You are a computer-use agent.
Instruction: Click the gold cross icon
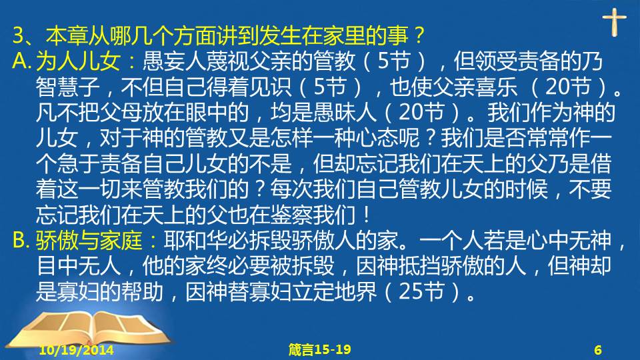click(614, 22)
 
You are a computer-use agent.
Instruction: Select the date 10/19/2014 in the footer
click(76, 350)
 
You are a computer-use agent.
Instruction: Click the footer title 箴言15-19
click(319, 350)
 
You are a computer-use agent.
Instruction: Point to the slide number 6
click(598, 350)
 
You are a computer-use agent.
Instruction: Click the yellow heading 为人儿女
click(78, 61)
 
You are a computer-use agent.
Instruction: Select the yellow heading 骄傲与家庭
click(89, 241)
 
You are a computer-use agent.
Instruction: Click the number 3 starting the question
click(19, 35)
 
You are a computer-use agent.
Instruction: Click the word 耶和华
click(196, 241)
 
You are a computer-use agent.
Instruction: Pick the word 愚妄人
click(175, 61)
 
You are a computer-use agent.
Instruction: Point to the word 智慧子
click(68, 87)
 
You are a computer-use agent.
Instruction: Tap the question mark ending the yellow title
click(418, 35)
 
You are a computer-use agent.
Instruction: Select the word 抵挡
click(419, 266)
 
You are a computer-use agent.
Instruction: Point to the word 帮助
click(143, 291)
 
